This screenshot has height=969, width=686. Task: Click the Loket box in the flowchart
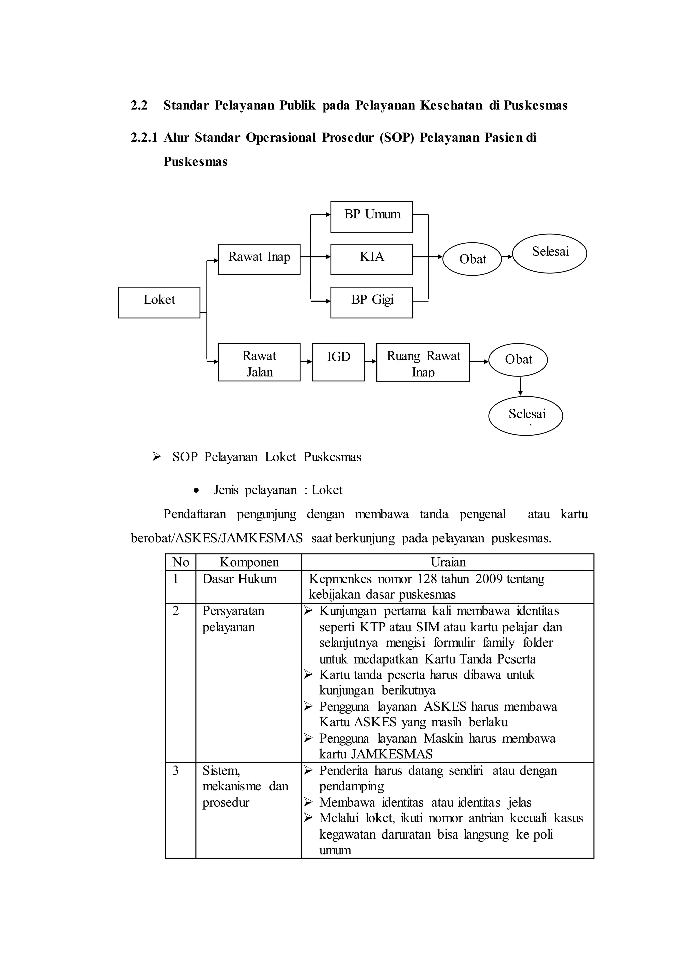point(159,302)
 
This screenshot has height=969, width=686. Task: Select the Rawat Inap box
point(259,259)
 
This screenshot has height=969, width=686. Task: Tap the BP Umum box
point(371,216)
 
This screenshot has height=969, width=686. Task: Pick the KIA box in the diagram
point(371,259)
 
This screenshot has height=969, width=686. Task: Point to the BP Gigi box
point(371,302)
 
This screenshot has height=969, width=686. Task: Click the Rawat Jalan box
point(259,362)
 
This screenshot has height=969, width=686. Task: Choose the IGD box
point(338,362)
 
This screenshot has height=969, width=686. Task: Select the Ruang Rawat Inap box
point(422,362)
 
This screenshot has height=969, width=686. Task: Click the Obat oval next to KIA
point(472,259)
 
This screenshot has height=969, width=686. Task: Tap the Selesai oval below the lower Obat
point(526,415)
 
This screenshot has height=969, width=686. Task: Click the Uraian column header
point(448,562)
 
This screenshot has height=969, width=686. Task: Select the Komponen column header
point(249,562)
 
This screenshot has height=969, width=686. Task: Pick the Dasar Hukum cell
point(239,579)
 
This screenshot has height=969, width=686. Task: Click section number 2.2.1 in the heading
point(144,138)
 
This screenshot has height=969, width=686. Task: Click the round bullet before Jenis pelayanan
point(196,491)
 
